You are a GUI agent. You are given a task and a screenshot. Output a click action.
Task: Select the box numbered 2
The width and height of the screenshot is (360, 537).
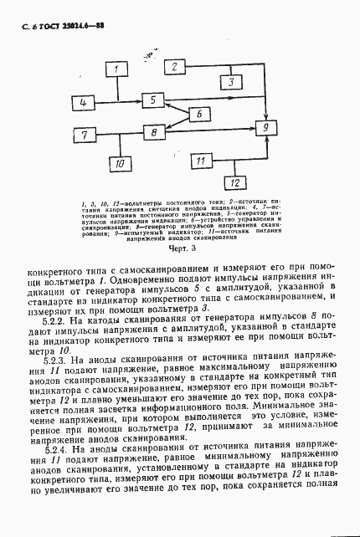click(x=176, y=66)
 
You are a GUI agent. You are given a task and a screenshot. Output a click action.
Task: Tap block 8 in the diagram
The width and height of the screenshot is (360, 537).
click(x=152, y=132)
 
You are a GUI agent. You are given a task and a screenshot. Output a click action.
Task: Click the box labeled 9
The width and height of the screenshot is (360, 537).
click(x=265, y=127)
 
